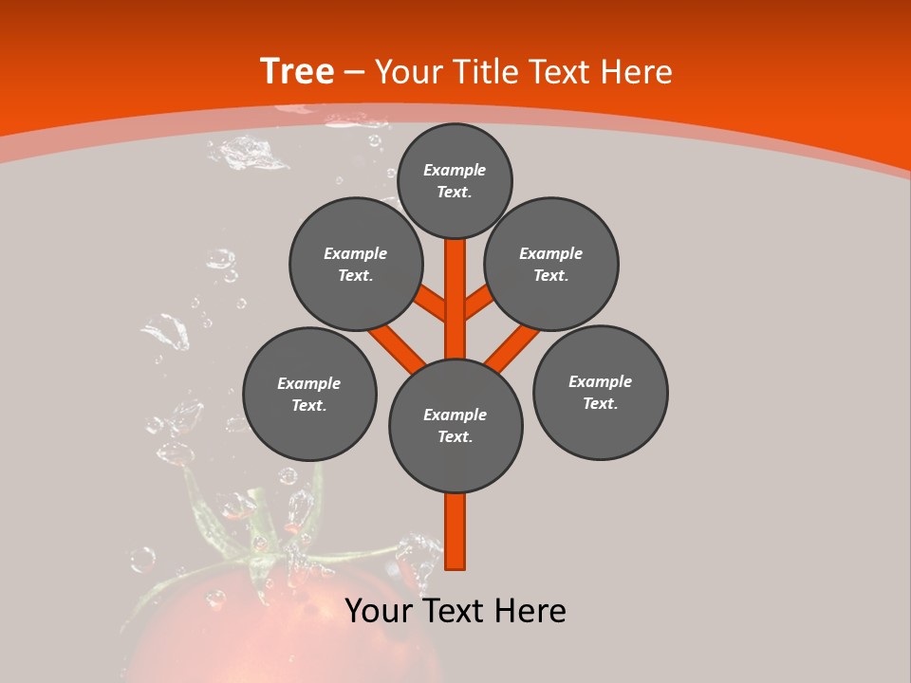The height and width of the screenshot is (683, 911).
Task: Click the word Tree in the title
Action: pyautogui.click(x=297, y=71)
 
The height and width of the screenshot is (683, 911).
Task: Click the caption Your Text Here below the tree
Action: pyautogui.click(x=455, y=611)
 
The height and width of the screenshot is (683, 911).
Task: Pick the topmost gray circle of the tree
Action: pyautogui.click(x=455, y=180)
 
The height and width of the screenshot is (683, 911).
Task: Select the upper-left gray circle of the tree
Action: pyautogui.click(x=355, y=264)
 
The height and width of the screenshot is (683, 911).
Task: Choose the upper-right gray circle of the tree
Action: pyautogui.click(x=551, y=264)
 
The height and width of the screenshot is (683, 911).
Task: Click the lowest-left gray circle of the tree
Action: pyautogui.click(x=309, y=394)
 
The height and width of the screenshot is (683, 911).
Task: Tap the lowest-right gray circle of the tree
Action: pyautogui.click(x=600, y=392)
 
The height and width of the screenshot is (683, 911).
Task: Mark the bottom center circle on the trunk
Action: pyautogui.click(x=455, y=426)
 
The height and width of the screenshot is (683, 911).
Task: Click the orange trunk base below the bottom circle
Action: pyautogui.click(x=455, y=531)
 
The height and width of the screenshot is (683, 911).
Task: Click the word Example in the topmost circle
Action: pyautogui.click(x=455, y=170)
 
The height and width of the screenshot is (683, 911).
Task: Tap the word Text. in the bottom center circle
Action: pyautogui.click(x=455, y=437)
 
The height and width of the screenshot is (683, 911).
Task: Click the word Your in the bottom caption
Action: pyautogui.click(x=378, y=611)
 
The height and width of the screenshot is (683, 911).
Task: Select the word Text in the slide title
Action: pyautogui.click(x=561, y=72)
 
